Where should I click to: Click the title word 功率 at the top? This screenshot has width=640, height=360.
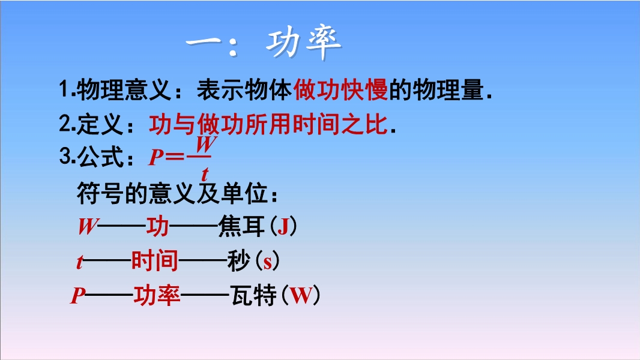(x=304, y=42)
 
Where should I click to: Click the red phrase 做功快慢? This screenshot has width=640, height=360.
(x=340, y=89)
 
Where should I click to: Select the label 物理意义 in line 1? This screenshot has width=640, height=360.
(x=124, y=89)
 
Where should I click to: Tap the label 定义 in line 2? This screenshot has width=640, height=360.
(x=100, y=124)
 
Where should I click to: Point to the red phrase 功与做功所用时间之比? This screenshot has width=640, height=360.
(x=268, y=124)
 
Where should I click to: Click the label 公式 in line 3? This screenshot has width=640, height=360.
(x=100, y=157)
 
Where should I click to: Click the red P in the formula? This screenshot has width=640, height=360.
(x=156, y=157)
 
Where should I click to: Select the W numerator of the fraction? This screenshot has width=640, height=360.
(x=206, y=144)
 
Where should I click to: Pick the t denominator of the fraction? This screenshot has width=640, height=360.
(x=205, y=174)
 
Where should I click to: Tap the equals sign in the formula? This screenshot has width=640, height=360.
(x=175, y=157)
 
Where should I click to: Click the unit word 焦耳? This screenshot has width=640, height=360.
(x=241, y=226)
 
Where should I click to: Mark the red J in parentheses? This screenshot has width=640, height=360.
(x=283, y=227)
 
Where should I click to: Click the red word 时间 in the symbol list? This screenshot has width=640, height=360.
(x=155, y=260)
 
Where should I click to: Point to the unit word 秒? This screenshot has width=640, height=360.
(x=239, y=260)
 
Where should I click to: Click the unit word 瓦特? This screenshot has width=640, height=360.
(x=253, y=295)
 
